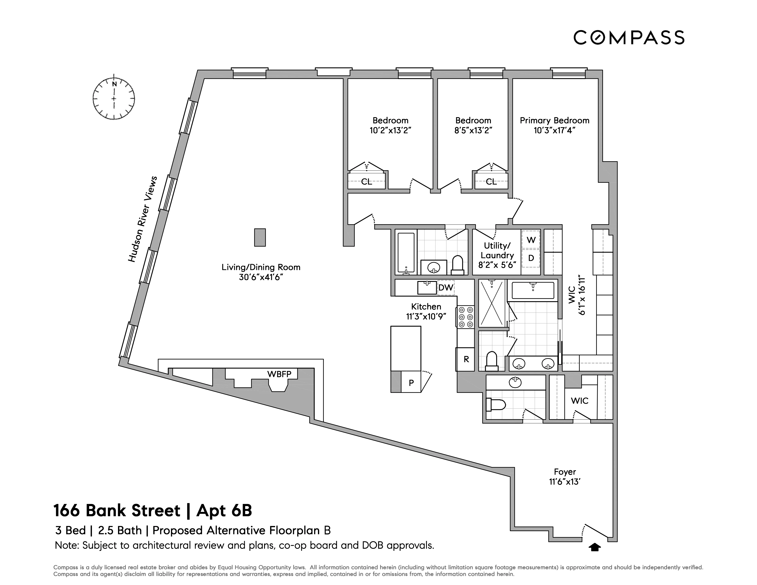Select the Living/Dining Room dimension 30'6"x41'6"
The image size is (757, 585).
pos(261,277)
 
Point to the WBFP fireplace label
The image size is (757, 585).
pos(279,374)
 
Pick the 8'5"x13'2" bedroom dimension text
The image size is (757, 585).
pos(473,130)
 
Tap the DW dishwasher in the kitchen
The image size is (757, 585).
pos(446,287)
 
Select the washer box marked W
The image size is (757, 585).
pos(531,240)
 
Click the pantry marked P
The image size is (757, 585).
pos(411,383)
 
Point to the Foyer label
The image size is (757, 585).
pos(565,472)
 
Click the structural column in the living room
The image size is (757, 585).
pos(260,237)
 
